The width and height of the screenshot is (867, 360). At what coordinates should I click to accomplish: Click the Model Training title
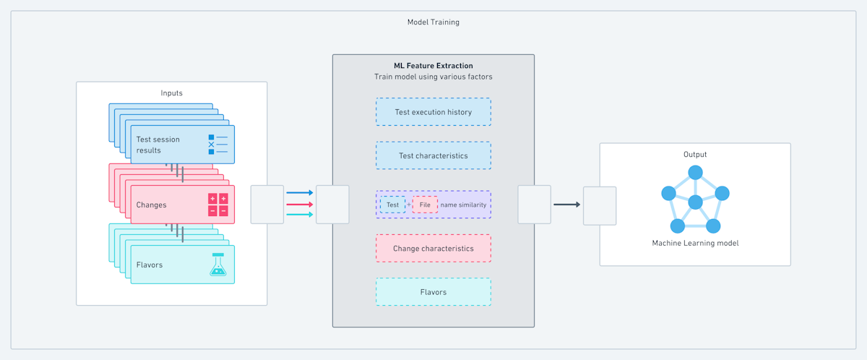(x=433, y=22)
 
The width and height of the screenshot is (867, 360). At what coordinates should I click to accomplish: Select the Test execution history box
(x=433, y=112)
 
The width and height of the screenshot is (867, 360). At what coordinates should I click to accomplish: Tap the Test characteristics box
(x=433, y=155)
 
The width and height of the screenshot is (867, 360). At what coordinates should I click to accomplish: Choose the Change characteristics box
(x=433, y=248)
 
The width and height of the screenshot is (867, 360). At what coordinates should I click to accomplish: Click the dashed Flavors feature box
(x=433, y=292)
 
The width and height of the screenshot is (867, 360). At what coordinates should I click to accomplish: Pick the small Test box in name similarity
(x=392, y=205)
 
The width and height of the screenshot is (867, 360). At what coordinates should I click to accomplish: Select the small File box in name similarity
(x=425, y=205)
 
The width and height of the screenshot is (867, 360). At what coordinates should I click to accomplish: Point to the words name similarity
(x=463, y=205)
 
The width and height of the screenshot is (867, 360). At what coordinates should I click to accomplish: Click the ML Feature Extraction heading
(x=433, y=65)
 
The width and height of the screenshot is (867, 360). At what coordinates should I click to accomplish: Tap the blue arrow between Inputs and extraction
(x=300, y=193)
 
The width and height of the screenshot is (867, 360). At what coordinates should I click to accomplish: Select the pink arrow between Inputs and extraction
(x=300, y=205)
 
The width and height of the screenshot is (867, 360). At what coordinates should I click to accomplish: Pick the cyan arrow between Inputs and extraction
(x=300, y=215)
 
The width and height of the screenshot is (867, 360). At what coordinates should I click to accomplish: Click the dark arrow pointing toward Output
(x=567, y=205)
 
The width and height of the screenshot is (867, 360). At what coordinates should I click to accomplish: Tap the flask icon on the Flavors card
(x=217, y=265)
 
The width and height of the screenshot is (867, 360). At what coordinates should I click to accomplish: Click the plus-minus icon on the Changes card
(x=217, y=205)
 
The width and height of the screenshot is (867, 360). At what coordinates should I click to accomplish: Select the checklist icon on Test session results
(x=217, y=145)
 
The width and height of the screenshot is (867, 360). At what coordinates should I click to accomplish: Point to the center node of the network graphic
(x=695, y=202)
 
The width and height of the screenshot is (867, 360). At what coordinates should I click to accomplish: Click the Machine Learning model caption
(x=695, y=243)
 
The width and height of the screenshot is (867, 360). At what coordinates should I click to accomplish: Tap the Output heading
(x=695, y=155)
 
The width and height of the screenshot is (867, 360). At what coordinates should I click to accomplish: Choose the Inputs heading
(x=172, y=93)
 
